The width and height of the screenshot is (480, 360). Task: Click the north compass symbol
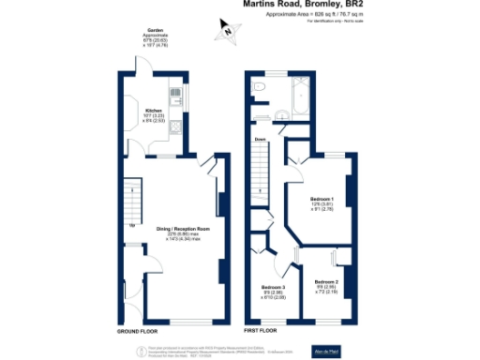[x=227, y=33]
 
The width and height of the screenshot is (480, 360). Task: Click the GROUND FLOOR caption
[x=137, y=331]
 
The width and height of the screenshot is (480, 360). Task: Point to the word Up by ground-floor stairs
[x=131, y=226]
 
